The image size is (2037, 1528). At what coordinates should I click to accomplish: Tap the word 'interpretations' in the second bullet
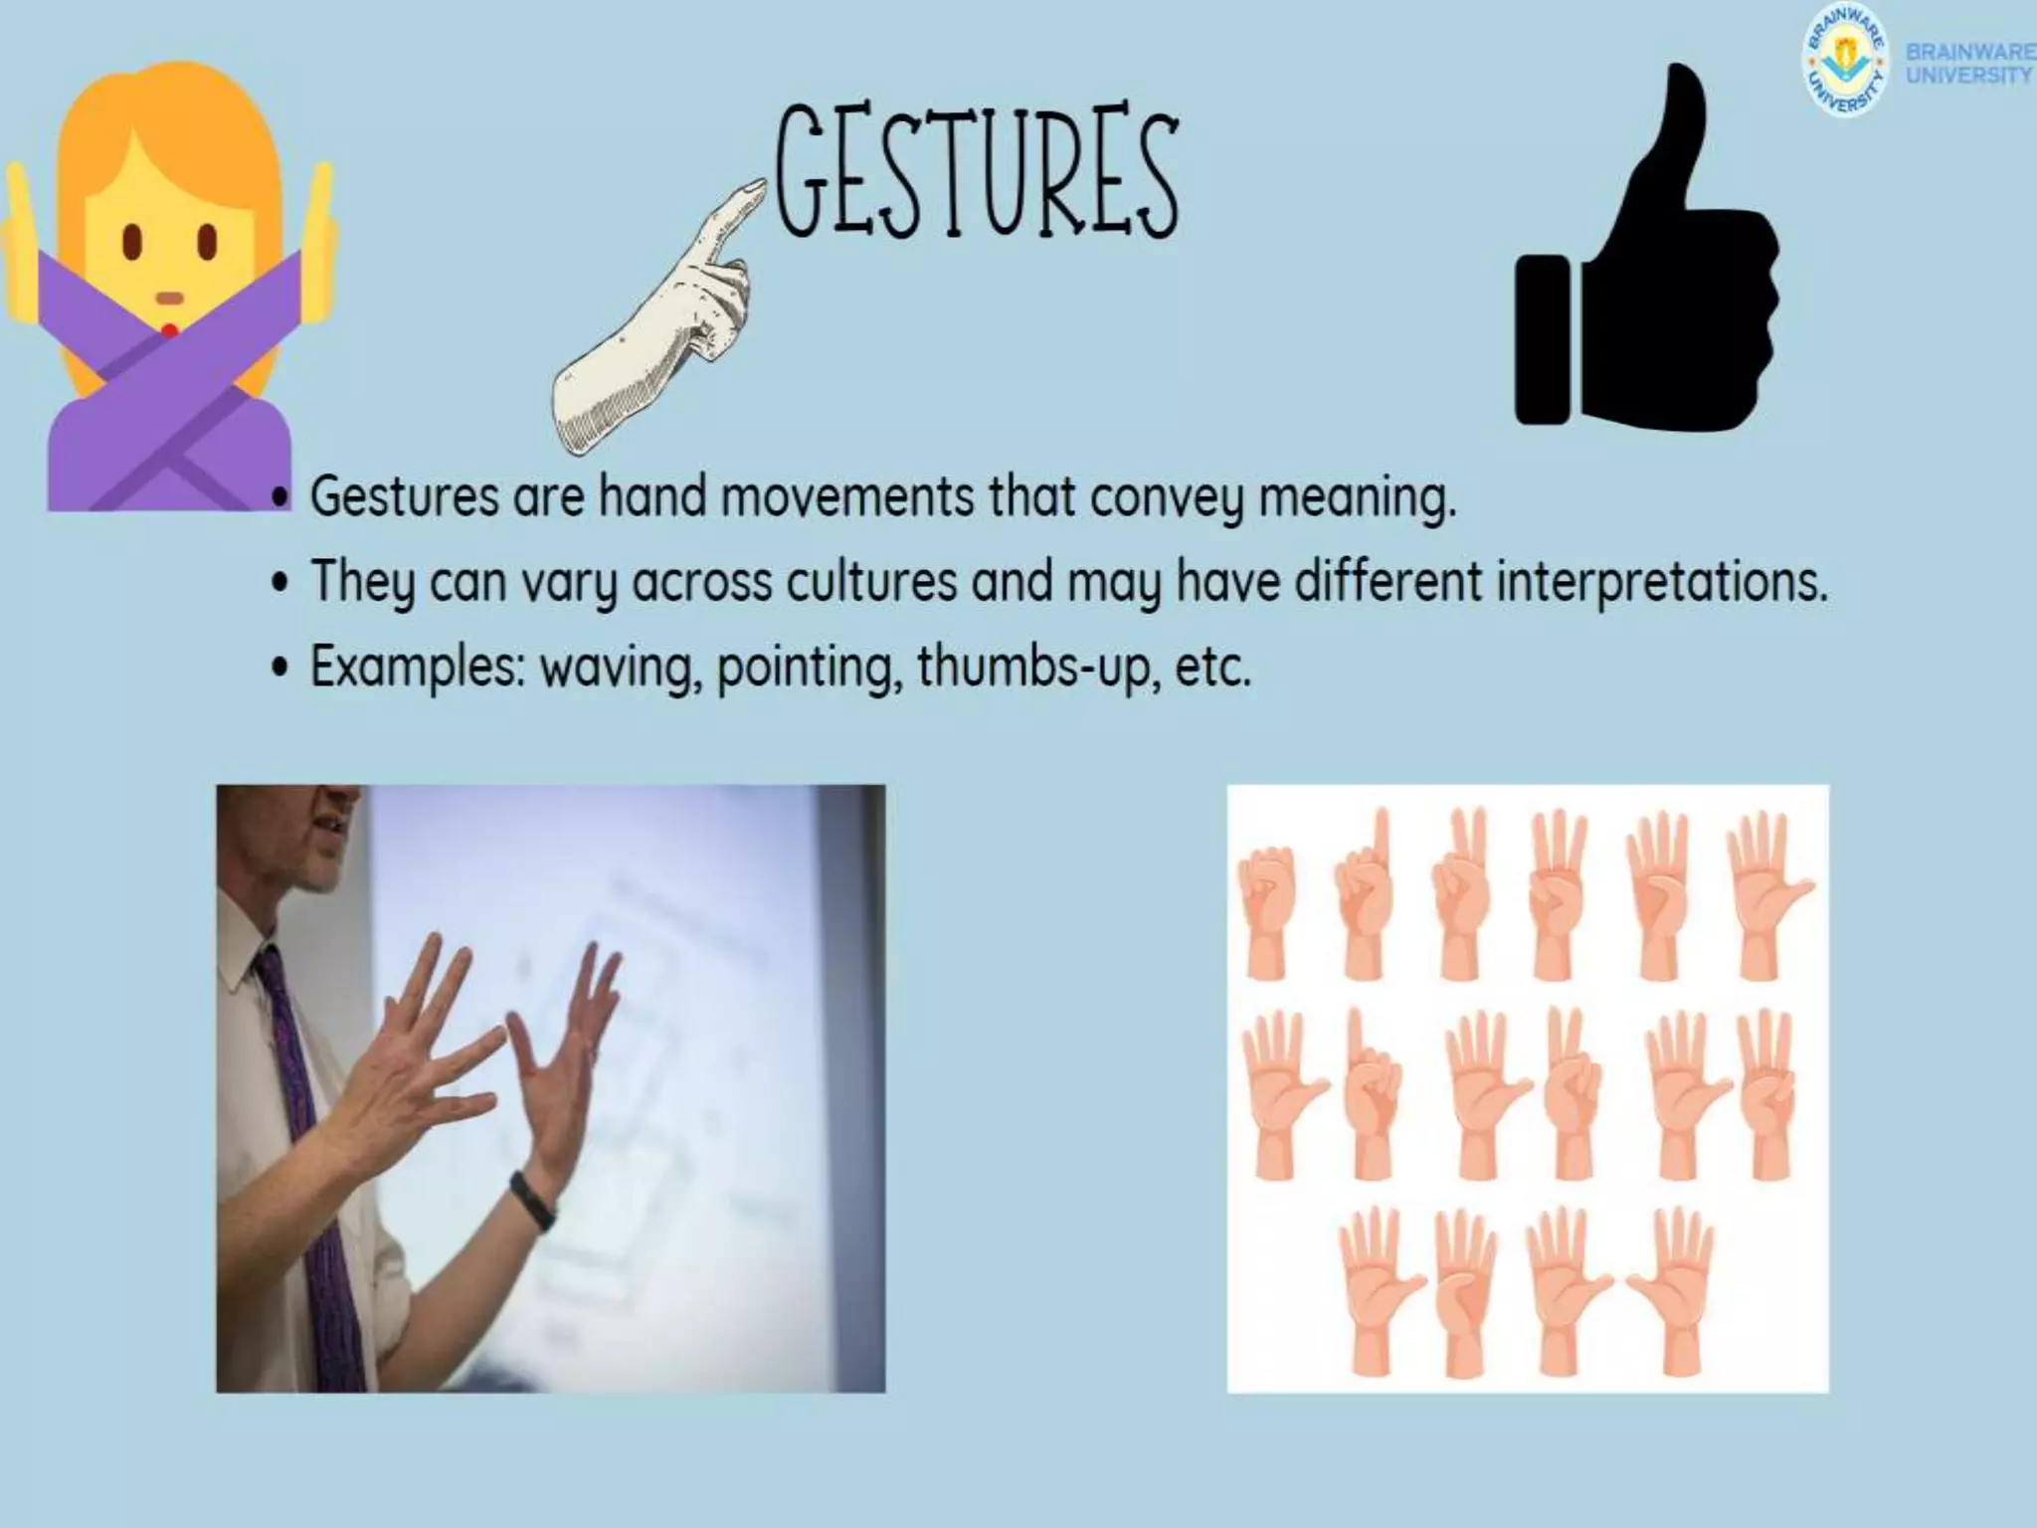[x=1661, y=582]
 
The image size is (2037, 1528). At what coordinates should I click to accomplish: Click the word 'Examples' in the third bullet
[x=418, y=668]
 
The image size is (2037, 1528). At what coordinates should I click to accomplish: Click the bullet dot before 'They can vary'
[x=282, y=583]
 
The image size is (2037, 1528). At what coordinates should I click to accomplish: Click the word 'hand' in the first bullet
[x=652, y=496]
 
